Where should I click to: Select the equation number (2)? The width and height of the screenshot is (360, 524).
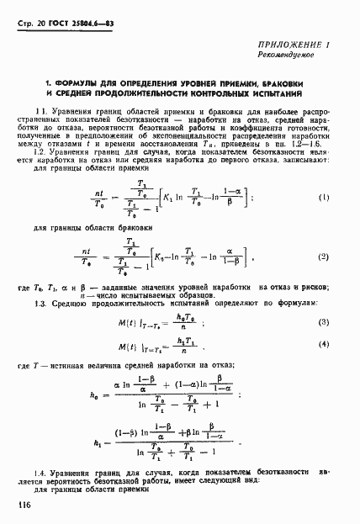(x=323, y=279)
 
